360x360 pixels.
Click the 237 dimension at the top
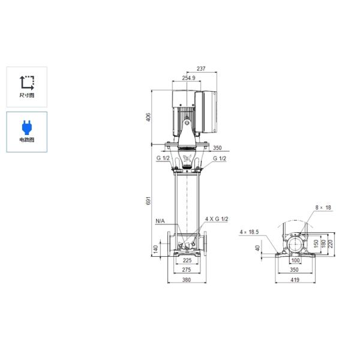point(201,68)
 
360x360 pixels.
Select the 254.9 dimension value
point(188,78)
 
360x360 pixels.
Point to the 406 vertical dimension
point(149,117)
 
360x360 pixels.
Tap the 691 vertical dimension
point(149,200)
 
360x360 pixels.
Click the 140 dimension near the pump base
point(155,249)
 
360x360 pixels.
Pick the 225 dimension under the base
point(187,260)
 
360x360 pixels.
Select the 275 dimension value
point(187,270)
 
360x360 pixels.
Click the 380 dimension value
point(187,280)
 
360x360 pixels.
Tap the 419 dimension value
point(295,280)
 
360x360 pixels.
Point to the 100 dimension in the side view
point(295,260)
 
